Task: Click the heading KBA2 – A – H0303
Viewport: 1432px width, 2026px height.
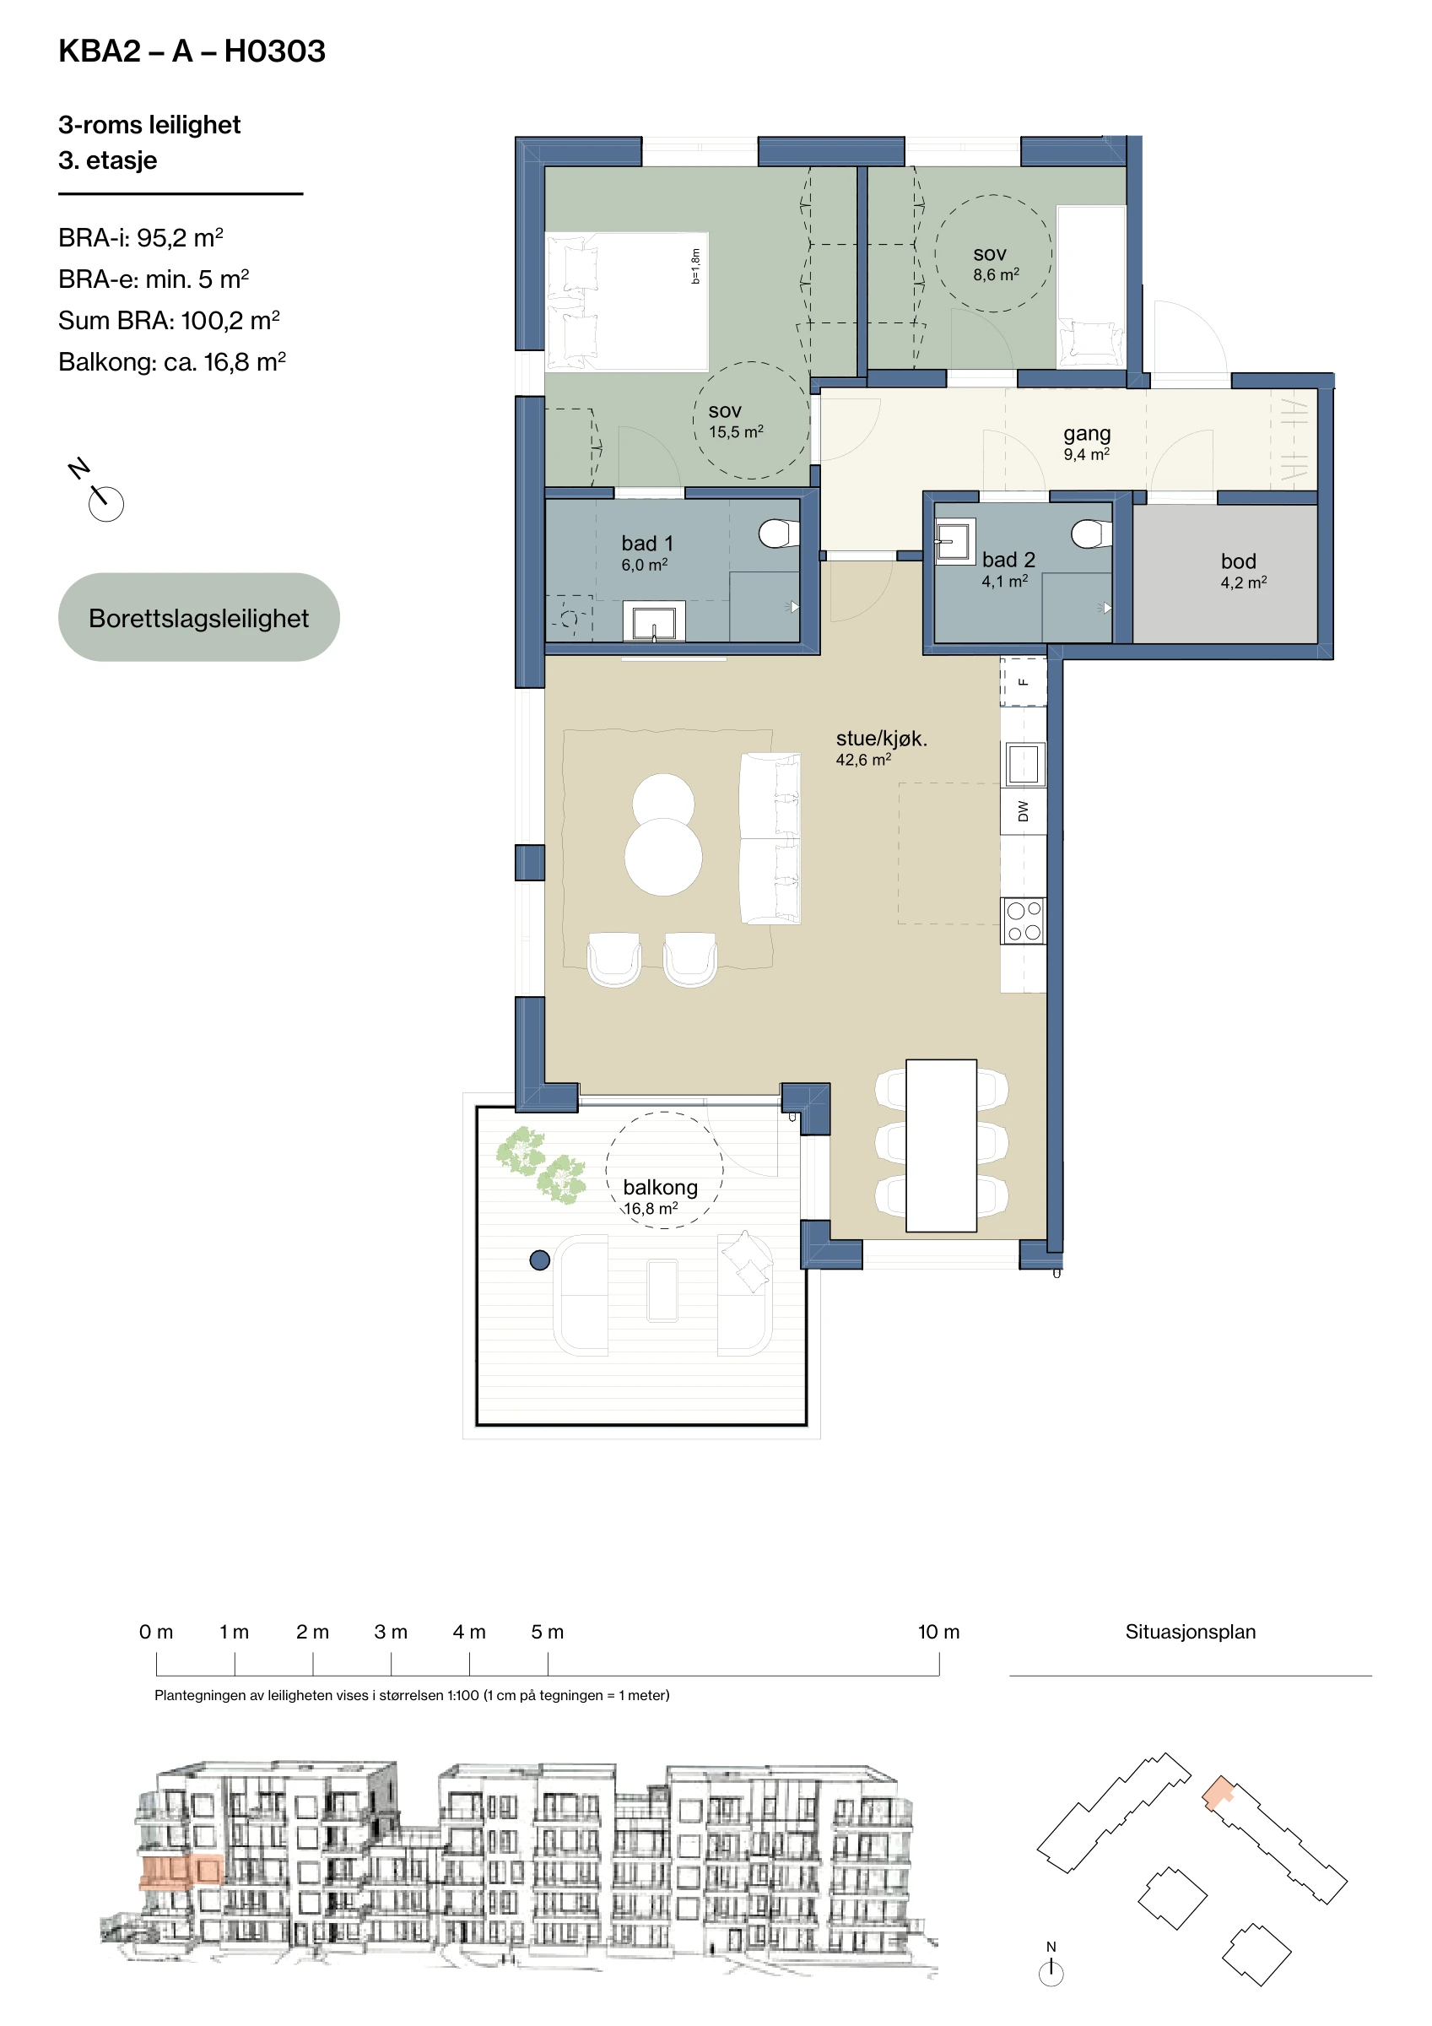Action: point(192,51)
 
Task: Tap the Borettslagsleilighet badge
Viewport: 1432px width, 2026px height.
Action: point(198,617)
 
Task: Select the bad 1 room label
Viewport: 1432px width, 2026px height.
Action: point(646,552)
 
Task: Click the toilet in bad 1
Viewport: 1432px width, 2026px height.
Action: point(778,533)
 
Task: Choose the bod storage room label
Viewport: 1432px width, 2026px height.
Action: point(1243,570)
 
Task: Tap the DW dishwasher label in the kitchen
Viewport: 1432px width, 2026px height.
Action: point(1024,811)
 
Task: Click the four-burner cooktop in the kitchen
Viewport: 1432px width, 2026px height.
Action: point(1024,920)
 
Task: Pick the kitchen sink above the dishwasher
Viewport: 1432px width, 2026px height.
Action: point(1024,763)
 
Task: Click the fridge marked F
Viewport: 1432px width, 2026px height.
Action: point(1024,681)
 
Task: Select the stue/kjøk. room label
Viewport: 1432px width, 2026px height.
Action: point(881,746)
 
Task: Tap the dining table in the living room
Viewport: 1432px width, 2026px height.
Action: point(942,1145)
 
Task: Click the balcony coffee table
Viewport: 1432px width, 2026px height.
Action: point(662,1291)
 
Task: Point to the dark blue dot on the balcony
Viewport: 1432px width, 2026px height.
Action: point(540,1260)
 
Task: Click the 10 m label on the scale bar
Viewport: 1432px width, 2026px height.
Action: point(939,1632)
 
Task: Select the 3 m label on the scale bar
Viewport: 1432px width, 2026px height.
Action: point(391,1632)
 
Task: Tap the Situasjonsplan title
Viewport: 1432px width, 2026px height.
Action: point(1191,1632)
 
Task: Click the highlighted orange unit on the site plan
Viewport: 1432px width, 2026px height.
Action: point(1218,1792)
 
